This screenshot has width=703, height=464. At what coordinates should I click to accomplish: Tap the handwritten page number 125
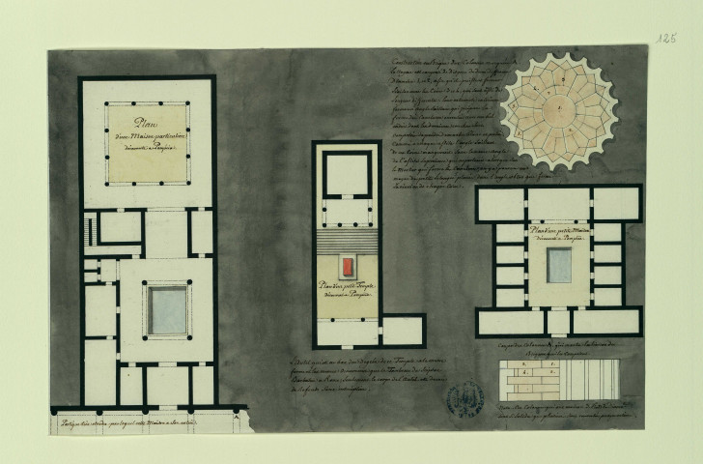click(x=665, y=38)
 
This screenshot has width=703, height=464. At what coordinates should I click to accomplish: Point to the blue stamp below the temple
click(x=468, y=397)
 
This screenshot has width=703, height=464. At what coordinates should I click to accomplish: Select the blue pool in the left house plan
click(x=167, y=309)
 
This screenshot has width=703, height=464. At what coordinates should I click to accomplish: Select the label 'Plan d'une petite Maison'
click(x=558, y=231)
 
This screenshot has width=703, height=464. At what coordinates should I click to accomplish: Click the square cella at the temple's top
click(x=345, y=174)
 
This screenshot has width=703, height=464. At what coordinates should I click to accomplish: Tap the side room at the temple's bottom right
click(x=403, y=331)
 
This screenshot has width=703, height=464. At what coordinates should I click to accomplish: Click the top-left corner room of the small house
click(x=500, y=205)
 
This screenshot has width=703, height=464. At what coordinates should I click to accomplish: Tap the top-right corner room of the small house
click(x=616, y=205)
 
